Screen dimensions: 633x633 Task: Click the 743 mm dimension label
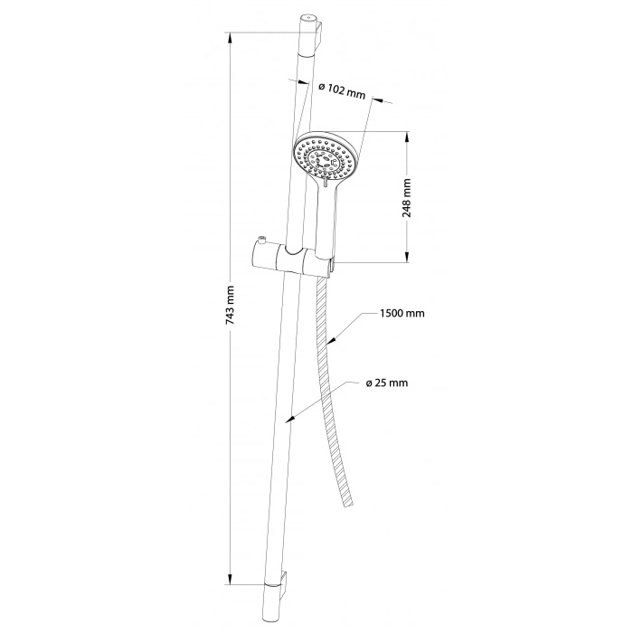[231, 306]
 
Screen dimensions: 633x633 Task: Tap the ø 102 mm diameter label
[342, 91]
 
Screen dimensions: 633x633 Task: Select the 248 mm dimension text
[407, 197]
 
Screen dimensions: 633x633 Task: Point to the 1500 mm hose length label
[402, 313]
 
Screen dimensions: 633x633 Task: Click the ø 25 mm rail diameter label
[387, 383]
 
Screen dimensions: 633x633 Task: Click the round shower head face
[326, 156]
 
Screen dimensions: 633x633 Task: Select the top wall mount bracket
[319, 37]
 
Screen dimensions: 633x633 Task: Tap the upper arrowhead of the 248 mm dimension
[407, 137]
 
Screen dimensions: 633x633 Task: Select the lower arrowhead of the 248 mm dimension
[407, 256]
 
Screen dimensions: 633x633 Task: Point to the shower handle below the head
[326, 222]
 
